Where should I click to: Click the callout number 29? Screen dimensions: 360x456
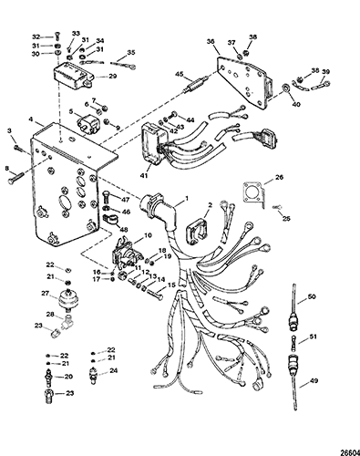point(113,76)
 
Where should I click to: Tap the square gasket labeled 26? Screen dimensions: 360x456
point(253,193)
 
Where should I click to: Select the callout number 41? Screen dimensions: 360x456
point(145,175)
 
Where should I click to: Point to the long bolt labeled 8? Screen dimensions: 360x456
point(18,176)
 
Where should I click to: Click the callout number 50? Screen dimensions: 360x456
point(312,296)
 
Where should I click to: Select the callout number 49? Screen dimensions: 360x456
point(314,380)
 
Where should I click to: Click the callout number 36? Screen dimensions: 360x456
point(211,41)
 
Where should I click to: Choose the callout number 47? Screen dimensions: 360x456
point(126,200)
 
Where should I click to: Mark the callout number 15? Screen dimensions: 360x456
point(171,285)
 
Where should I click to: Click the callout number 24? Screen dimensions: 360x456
point(114,371)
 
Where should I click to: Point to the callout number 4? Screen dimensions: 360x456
point(31,119)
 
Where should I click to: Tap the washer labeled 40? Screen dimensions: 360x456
point(286,88)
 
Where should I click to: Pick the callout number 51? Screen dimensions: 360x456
point(314,337)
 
